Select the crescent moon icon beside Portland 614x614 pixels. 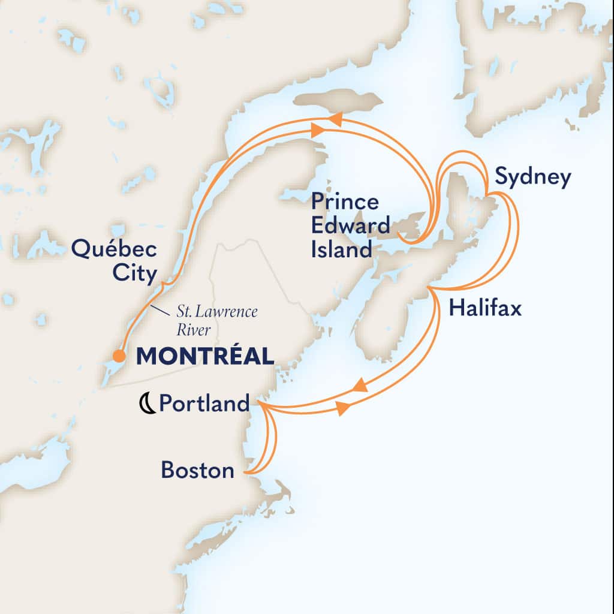click(x=146, y=405)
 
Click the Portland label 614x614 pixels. click(x=204, y=404)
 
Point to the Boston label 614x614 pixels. click(x=197, y=470)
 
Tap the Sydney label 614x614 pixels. click(x=532, y=178)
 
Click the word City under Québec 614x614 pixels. click(x=137, y=274)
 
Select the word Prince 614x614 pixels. click(x=345, y=201)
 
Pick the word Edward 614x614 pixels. click(x=350, y=225)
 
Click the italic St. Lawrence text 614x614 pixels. click(x=217, y=312)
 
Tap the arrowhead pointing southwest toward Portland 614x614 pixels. click(x=360, y=385)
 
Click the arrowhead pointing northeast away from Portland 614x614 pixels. click(x=342, y=408)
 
